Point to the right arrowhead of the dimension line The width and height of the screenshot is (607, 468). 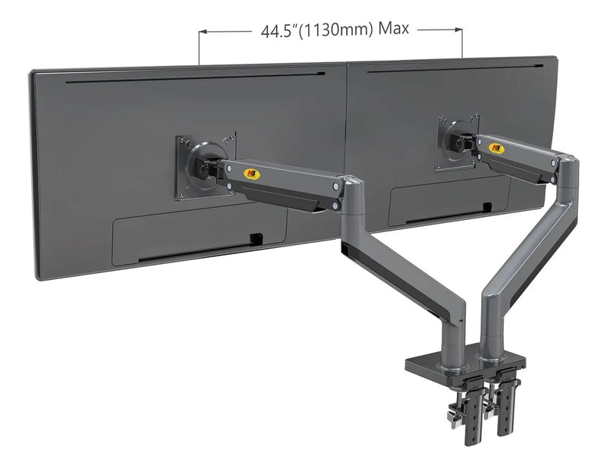tap(458, 30)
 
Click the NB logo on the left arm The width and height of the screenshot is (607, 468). tap(252, 174)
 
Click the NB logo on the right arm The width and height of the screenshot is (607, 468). tap(496, 148)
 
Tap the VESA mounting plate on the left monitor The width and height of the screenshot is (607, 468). tap(206, 166)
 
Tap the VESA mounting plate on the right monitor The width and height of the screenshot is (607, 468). tap(458, 142)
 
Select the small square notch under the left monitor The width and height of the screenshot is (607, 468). tap(256, 239)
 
